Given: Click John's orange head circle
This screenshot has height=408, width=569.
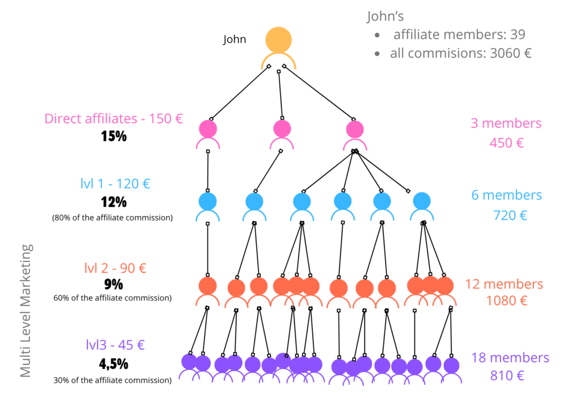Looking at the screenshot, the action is click(x=278, y=39).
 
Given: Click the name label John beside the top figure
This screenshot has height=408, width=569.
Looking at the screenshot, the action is click(x=234, y=39).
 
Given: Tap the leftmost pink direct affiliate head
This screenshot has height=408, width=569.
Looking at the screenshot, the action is click(x=208, y=129).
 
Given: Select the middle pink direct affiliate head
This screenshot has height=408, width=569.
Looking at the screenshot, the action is click(x=282, y=128).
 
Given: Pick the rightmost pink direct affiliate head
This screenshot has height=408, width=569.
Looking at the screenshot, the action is click(x=355, y=130).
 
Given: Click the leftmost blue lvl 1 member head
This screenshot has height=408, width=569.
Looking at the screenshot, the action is click(x=208, y=201).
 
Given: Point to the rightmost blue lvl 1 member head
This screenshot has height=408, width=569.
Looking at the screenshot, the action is click(x=422, y=201).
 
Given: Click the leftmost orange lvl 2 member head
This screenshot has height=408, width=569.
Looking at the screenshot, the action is click(x=208, y=286).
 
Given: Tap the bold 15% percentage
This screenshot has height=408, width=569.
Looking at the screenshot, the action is click(x=114, y=137).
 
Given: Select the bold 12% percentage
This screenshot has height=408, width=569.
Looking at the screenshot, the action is click(x=114, y=202).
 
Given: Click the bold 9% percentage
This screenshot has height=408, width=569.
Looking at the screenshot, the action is click(x=113, y=285).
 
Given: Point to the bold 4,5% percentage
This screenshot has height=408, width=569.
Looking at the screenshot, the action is click(x=113, y=364).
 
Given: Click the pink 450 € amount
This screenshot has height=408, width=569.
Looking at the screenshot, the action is click(x=507, y=143).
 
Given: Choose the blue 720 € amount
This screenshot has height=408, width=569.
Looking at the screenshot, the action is click(x=510, y=215).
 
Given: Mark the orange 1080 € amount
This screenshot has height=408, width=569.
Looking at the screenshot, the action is click(x=507, y=301).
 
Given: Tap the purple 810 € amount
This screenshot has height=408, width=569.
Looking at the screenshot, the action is click(x=507, y=375).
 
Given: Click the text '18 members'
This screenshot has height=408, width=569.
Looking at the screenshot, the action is click(x=510, y=357).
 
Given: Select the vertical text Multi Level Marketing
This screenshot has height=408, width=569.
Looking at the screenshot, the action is click(x=26, y=311).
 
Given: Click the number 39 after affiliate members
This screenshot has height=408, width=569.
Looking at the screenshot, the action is click(x=518, y=34).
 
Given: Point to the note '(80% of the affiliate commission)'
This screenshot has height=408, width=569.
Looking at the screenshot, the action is click(x=112, y=218).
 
